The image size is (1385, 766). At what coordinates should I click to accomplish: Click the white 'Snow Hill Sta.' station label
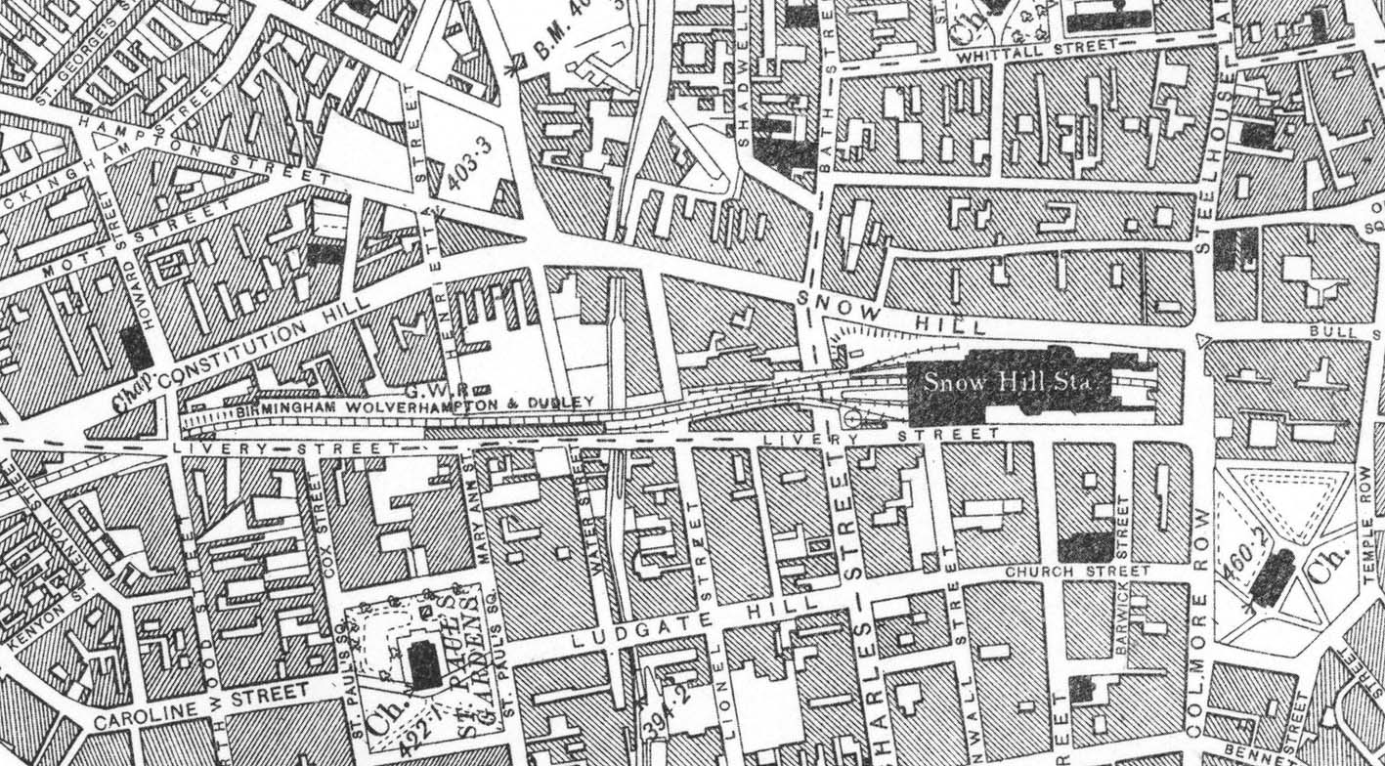(x=1010, y=382)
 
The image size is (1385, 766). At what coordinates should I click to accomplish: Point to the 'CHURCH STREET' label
(x=1065, y=572)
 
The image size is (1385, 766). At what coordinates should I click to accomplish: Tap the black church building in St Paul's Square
(x=424, y=664)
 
